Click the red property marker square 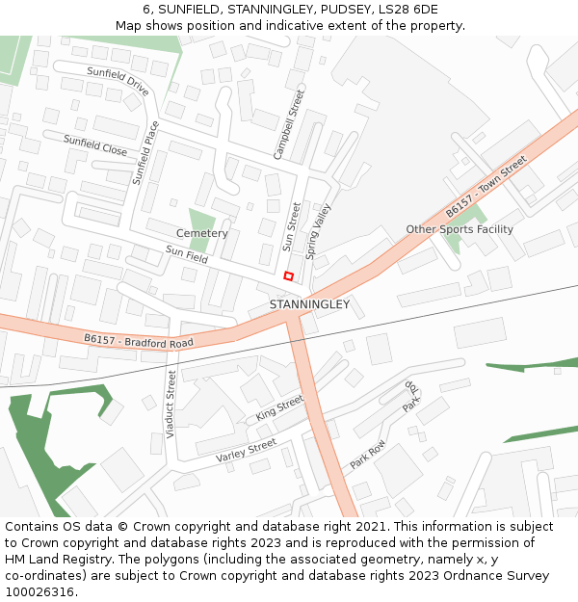[x=288, y=276]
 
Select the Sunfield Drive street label [x=118, y=81]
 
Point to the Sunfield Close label [x=95, y=145]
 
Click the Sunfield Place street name [x=146, y=152]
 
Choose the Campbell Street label [x=288, y=124]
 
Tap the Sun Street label [x=290, y=226]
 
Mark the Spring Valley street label [x=317, y=231]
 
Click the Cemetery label [x=202, y=233]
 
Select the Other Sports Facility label [x=460, y=229]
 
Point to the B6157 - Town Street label [x=486, y=185]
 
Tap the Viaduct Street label [x=171, y=405]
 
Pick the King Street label [x=279, y=408]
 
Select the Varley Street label [x=246, y=450]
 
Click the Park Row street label [x=367, y=454]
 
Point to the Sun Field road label [x=186, y=254]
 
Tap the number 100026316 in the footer [x=39, y=591]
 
